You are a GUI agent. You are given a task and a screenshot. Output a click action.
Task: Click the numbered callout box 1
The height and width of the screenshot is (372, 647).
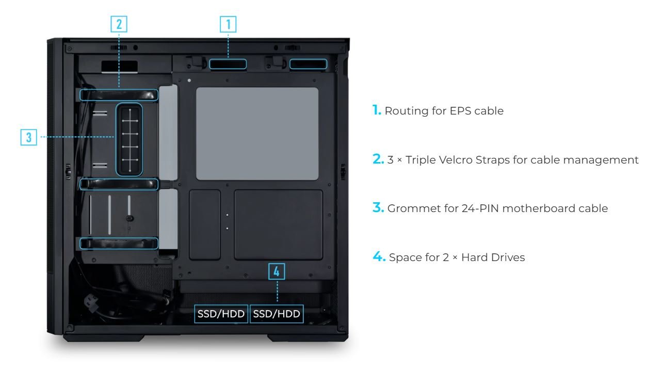(x=228, y=24)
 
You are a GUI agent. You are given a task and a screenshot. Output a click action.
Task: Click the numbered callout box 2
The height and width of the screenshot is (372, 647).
(x=119, y=24)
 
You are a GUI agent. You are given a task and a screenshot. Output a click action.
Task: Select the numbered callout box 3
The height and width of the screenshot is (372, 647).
(x=28, y=137)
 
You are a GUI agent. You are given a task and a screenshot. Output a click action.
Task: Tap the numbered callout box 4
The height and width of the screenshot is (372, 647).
(x=277, y=271)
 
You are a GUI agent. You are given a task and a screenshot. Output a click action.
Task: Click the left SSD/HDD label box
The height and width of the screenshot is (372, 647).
(x=221, y=314)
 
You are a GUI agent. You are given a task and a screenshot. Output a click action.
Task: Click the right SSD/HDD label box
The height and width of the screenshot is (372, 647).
(x=277, y=314)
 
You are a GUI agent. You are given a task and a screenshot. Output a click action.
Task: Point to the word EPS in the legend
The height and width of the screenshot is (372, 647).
(x=461, y=111)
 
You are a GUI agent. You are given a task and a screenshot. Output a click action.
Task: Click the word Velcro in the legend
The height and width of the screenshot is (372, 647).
(x=455, y=160)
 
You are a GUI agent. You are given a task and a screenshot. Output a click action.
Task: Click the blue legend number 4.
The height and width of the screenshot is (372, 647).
(x=379, y=256)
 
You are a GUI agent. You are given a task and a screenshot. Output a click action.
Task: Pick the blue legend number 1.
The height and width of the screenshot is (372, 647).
(x=377, y=110)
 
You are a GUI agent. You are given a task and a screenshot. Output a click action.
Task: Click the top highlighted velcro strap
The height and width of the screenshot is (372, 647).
(x=119, y=95)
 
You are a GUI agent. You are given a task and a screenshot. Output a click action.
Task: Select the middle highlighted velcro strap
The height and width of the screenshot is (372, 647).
(x=119, y=184)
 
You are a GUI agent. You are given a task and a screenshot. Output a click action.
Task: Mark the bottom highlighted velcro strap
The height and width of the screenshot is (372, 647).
(x=119, y=244)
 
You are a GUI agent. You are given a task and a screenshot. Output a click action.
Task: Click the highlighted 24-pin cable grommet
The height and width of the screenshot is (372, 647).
(x=129, y=139)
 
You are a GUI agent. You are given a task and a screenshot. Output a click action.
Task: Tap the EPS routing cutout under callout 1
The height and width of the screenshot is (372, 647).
(x=228, y=64)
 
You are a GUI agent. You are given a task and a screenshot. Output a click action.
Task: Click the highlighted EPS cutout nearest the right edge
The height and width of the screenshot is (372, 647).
(x=309, y=64)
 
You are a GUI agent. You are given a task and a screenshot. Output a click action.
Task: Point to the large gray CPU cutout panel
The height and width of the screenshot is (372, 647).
(x=257, y=134)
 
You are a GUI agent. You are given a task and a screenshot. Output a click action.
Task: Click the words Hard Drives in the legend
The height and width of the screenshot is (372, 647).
(x=493, y=257)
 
